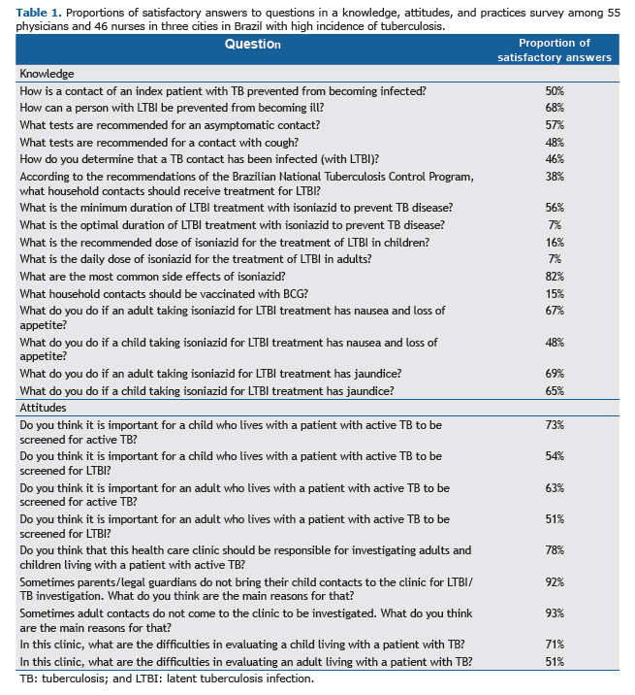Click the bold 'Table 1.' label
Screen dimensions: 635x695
pyautogui.click(x=39, y=13)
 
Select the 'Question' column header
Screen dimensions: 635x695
pyautogui.click(x=252, y=44)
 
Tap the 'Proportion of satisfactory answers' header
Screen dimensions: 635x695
pyautogui.click(x=554, y=50)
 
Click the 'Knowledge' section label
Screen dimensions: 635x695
pyautogui.click(x=47, y=74)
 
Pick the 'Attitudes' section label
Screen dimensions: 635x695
pyautogui.click(x=43, y=408)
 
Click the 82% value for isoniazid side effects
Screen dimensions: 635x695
pyautogui.click(x=555, y=277)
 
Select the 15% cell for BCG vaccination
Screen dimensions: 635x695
pyautogui.click(x=555, y=294)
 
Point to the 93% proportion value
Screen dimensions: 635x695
pyautogui.click(x=555, y=613)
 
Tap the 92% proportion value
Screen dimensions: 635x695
pyautogui.click(x=555, y=582)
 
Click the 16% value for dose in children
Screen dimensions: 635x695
pyautogui.click(x=555, y=243)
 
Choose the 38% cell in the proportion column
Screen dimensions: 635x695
pyautogui.click(x=555, y=177)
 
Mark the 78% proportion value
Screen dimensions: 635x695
pyautogui.click(x=555, y=550)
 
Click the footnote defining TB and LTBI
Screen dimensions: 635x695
pyautogui.click(x=167, y=678)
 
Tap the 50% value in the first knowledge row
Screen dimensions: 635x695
pyautogui.click(x=555, y=91)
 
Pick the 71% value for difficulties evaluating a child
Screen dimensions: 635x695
pyautogui.click(x=555, y=645)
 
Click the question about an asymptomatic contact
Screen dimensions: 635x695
pyautogui.click(x=170, y=125)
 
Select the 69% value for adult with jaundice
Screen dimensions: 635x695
pyautogui.click(x=555, y=374)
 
